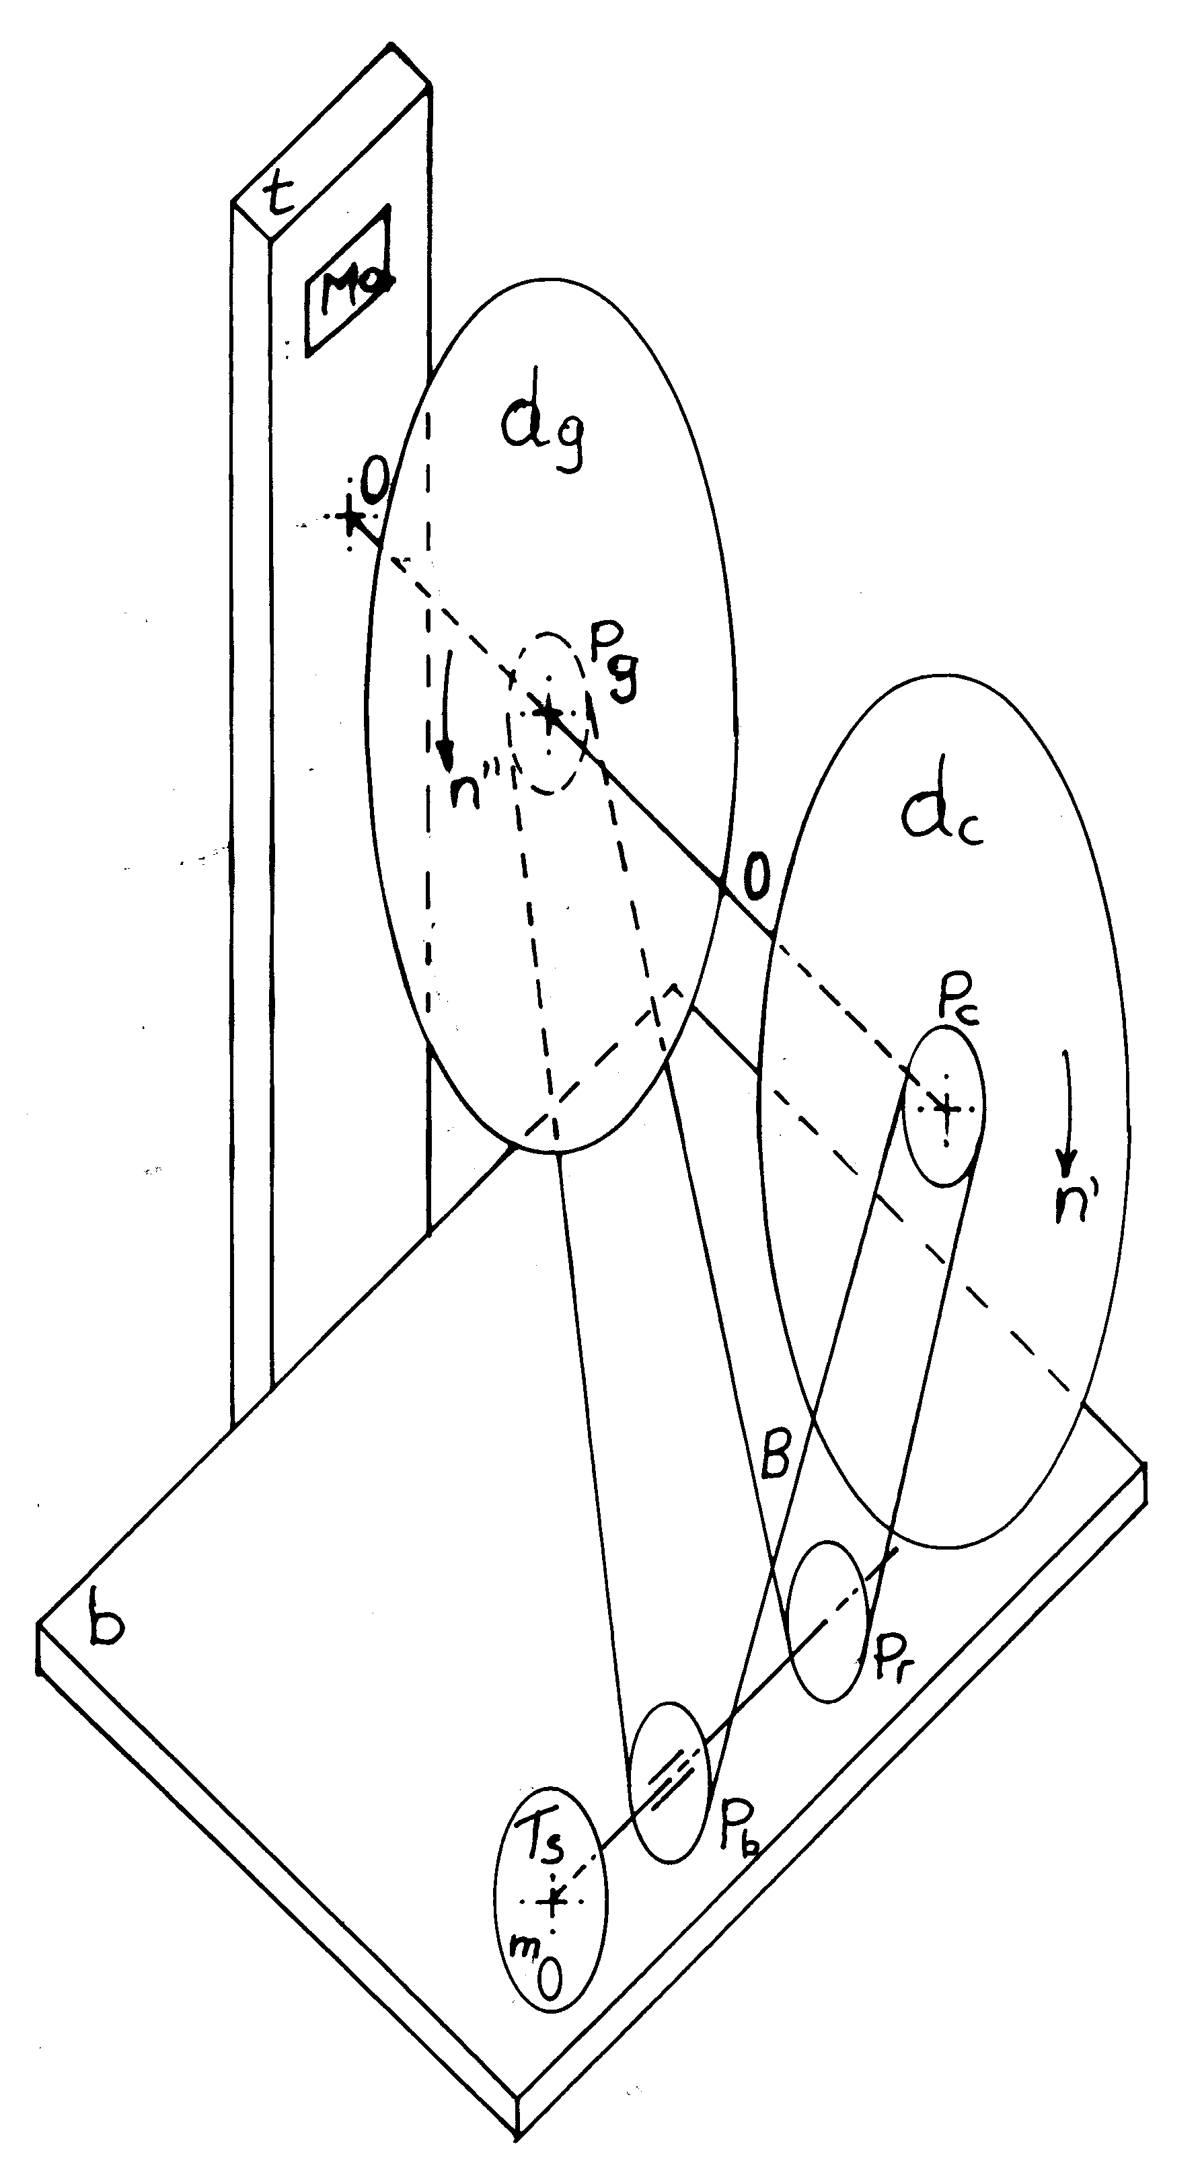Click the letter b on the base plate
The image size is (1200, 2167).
(x=106, y=1628)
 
